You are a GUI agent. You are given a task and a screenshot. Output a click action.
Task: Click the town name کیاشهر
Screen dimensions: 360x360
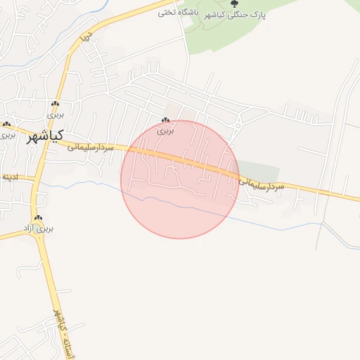point(46,136)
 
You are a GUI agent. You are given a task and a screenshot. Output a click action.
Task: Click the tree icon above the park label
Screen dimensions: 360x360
point(235,4)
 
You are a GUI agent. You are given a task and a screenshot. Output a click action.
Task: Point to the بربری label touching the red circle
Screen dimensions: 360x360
point(165,131)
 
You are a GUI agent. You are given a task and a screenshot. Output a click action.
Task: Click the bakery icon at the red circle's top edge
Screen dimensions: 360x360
point(166,121)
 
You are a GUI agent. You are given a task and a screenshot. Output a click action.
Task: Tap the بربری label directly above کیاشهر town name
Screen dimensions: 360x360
point(56,113)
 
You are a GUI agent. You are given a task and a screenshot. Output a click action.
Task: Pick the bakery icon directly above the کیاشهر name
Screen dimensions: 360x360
point(56,103)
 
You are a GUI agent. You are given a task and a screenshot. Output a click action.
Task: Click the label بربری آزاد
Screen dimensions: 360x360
point(44,229)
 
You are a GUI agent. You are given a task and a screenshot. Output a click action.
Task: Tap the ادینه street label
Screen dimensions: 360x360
point(10,176)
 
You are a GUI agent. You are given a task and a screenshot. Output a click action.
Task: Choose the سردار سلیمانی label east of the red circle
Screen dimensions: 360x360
point(261,184)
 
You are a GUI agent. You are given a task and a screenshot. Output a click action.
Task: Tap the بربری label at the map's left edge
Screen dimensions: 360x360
point(6,134)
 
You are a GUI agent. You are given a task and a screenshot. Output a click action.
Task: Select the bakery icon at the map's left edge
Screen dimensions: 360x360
point(7,124)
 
